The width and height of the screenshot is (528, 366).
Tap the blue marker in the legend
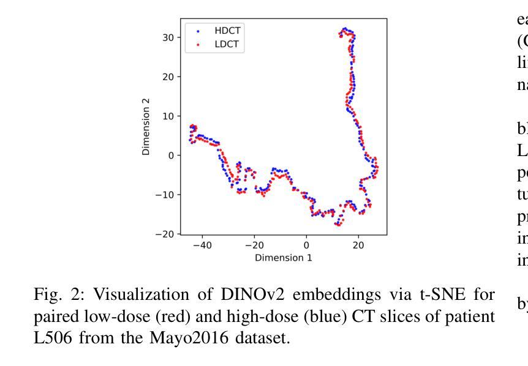point(197,30)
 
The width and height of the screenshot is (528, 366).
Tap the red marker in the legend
point(197,44)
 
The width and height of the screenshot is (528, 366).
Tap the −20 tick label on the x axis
point(254,245)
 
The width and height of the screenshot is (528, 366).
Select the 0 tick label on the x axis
point(306,245)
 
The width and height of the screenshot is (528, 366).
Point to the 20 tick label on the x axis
point(358,245)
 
